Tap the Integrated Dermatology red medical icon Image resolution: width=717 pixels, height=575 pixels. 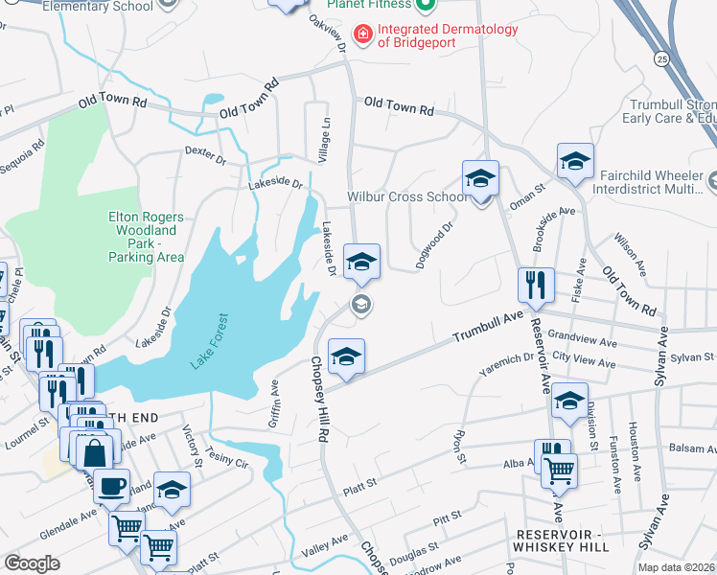coord(363,35)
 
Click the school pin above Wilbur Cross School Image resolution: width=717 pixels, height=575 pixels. coord(480,179)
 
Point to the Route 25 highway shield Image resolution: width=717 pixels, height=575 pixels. coord(661,59)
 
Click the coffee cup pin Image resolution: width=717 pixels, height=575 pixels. coord(111,486)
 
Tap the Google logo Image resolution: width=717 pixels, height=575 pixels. coord(32,563)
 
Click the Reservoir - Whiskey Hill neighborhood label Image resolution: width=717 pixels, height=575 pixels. coord(562,539)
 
